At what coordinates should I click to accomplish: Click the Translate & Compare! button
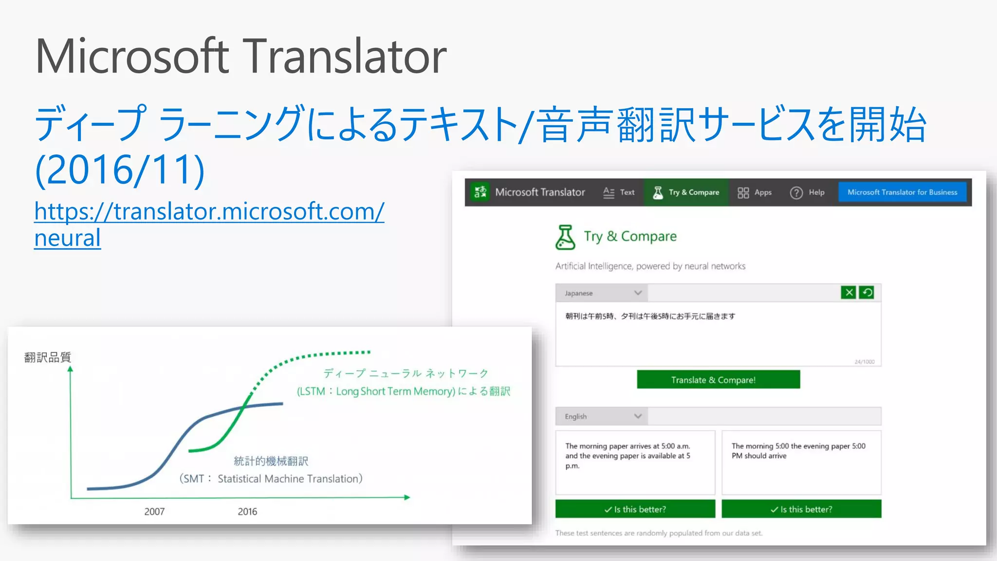(718, 380)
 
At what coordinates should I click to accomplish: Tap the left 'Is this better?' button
(635, 509)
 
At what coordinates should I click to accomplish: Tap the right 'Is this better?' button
(801, 509)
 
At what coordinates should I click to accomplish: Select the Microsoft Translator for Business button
(902, 192)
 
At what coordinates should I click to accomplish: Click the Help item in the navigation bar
(807, 193)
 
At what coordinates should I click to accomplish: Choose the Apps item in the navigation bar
(755, 193)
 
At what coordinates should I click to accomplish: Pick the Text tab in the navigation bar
(619, 193)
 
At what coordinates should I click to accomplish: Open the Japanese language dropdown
(602, 293)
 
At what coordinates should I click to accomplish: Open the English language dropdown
(602, 416)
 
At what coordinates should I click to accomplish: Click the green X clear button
(849, 293)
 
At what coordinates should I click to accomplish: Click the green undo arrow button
(867, 293)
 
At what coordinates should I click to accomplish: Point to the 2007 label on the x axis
(154, 511)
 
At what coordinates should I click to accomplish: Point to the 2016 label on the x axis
(247, 511)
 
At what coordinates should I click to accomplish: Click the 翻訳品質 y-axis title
(48, 357)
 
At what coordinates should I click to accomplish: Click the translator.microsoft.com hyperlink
(209, 212)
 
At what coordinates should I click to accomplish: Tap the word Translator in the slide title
(344, 56)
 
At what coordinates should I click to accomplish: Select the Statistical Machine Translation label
(290, 479)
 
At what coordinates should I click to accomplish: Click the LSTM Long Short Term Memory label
(403, 392)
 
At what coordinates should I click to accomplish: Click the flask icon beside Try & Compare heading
(565, 237)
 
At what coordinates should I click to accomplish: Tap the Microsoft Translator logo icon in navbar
(480, 192)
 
